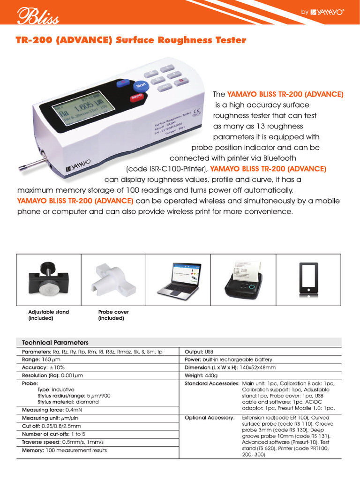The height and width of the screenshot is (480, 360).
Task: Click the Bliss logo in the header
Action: tap(38, 17)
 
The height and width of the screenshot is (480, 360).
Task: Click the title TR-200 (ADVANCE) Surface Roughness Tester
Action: tap(131, 40)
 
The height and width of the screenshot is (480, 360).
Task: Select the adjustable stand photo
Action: tap(49, 278)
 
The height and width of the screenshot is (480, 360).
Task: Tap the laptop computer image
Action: tap(179, 278)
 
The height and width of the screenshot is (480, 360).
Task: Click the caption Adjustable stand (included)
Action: tap(49, 315)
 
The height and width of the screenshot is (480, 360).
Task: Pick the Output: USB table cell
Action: tap(199, 352)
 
